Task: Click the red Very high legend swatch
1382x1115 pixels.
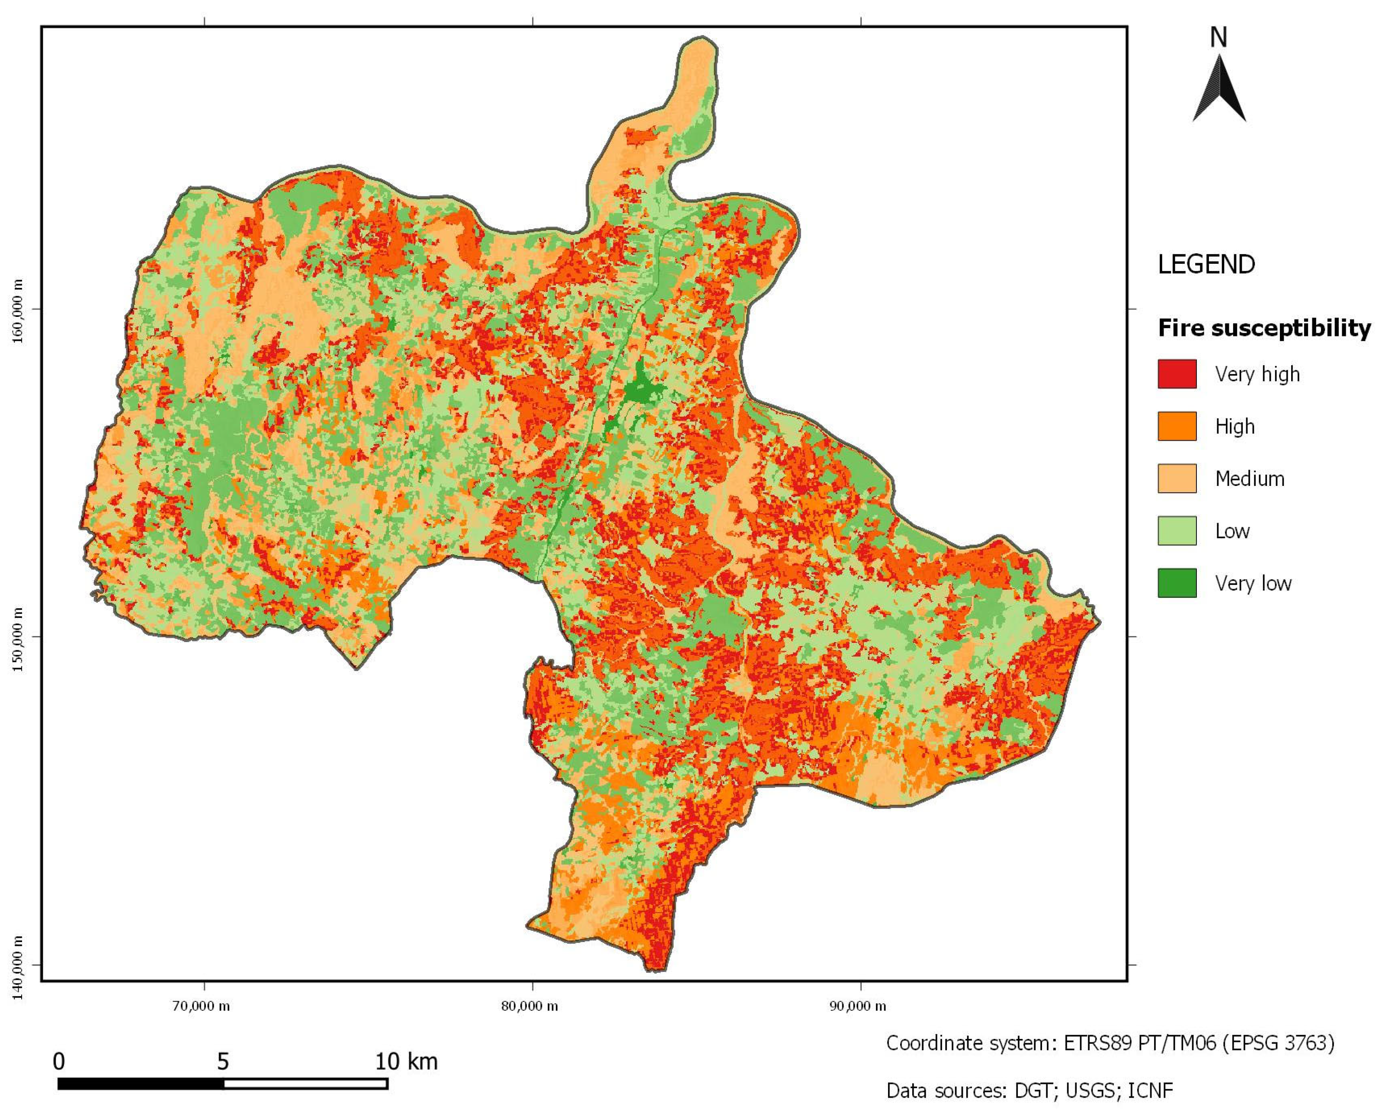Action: pyautogui.click(x=1177, y=374)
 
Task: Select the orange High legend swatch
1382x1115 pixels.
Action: pyautogui.click(x=1177, y=426)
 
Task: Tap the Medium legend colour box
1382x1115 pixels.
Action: pyautogui.click(x=1177, y=479)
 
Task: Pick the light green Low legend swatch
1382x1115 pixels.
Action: pyautogui.click(x=1177, y=530)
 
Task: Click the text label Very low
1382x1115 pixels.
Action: pyautogui.click(x=1252, y=583)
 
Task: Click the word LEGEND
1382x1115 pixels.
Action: pyautogui.click(x=1206, y=265)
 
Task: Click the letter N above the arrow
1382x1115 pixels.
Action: pyautogui.click(x=1218, y=38)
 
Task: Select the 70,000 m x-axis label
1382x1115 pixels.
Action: pyautogui.click(x=201, y=1006)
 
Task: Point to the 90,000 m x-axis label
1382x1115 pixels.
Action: pyautogui.click(x=857, y=1006)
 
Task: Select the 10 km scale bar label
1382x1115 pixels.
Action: pyautogui.click(x=406, y=1062)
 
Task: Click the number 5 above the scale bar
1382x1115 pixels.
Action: pyautogui.click(x=223, y=1062)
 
